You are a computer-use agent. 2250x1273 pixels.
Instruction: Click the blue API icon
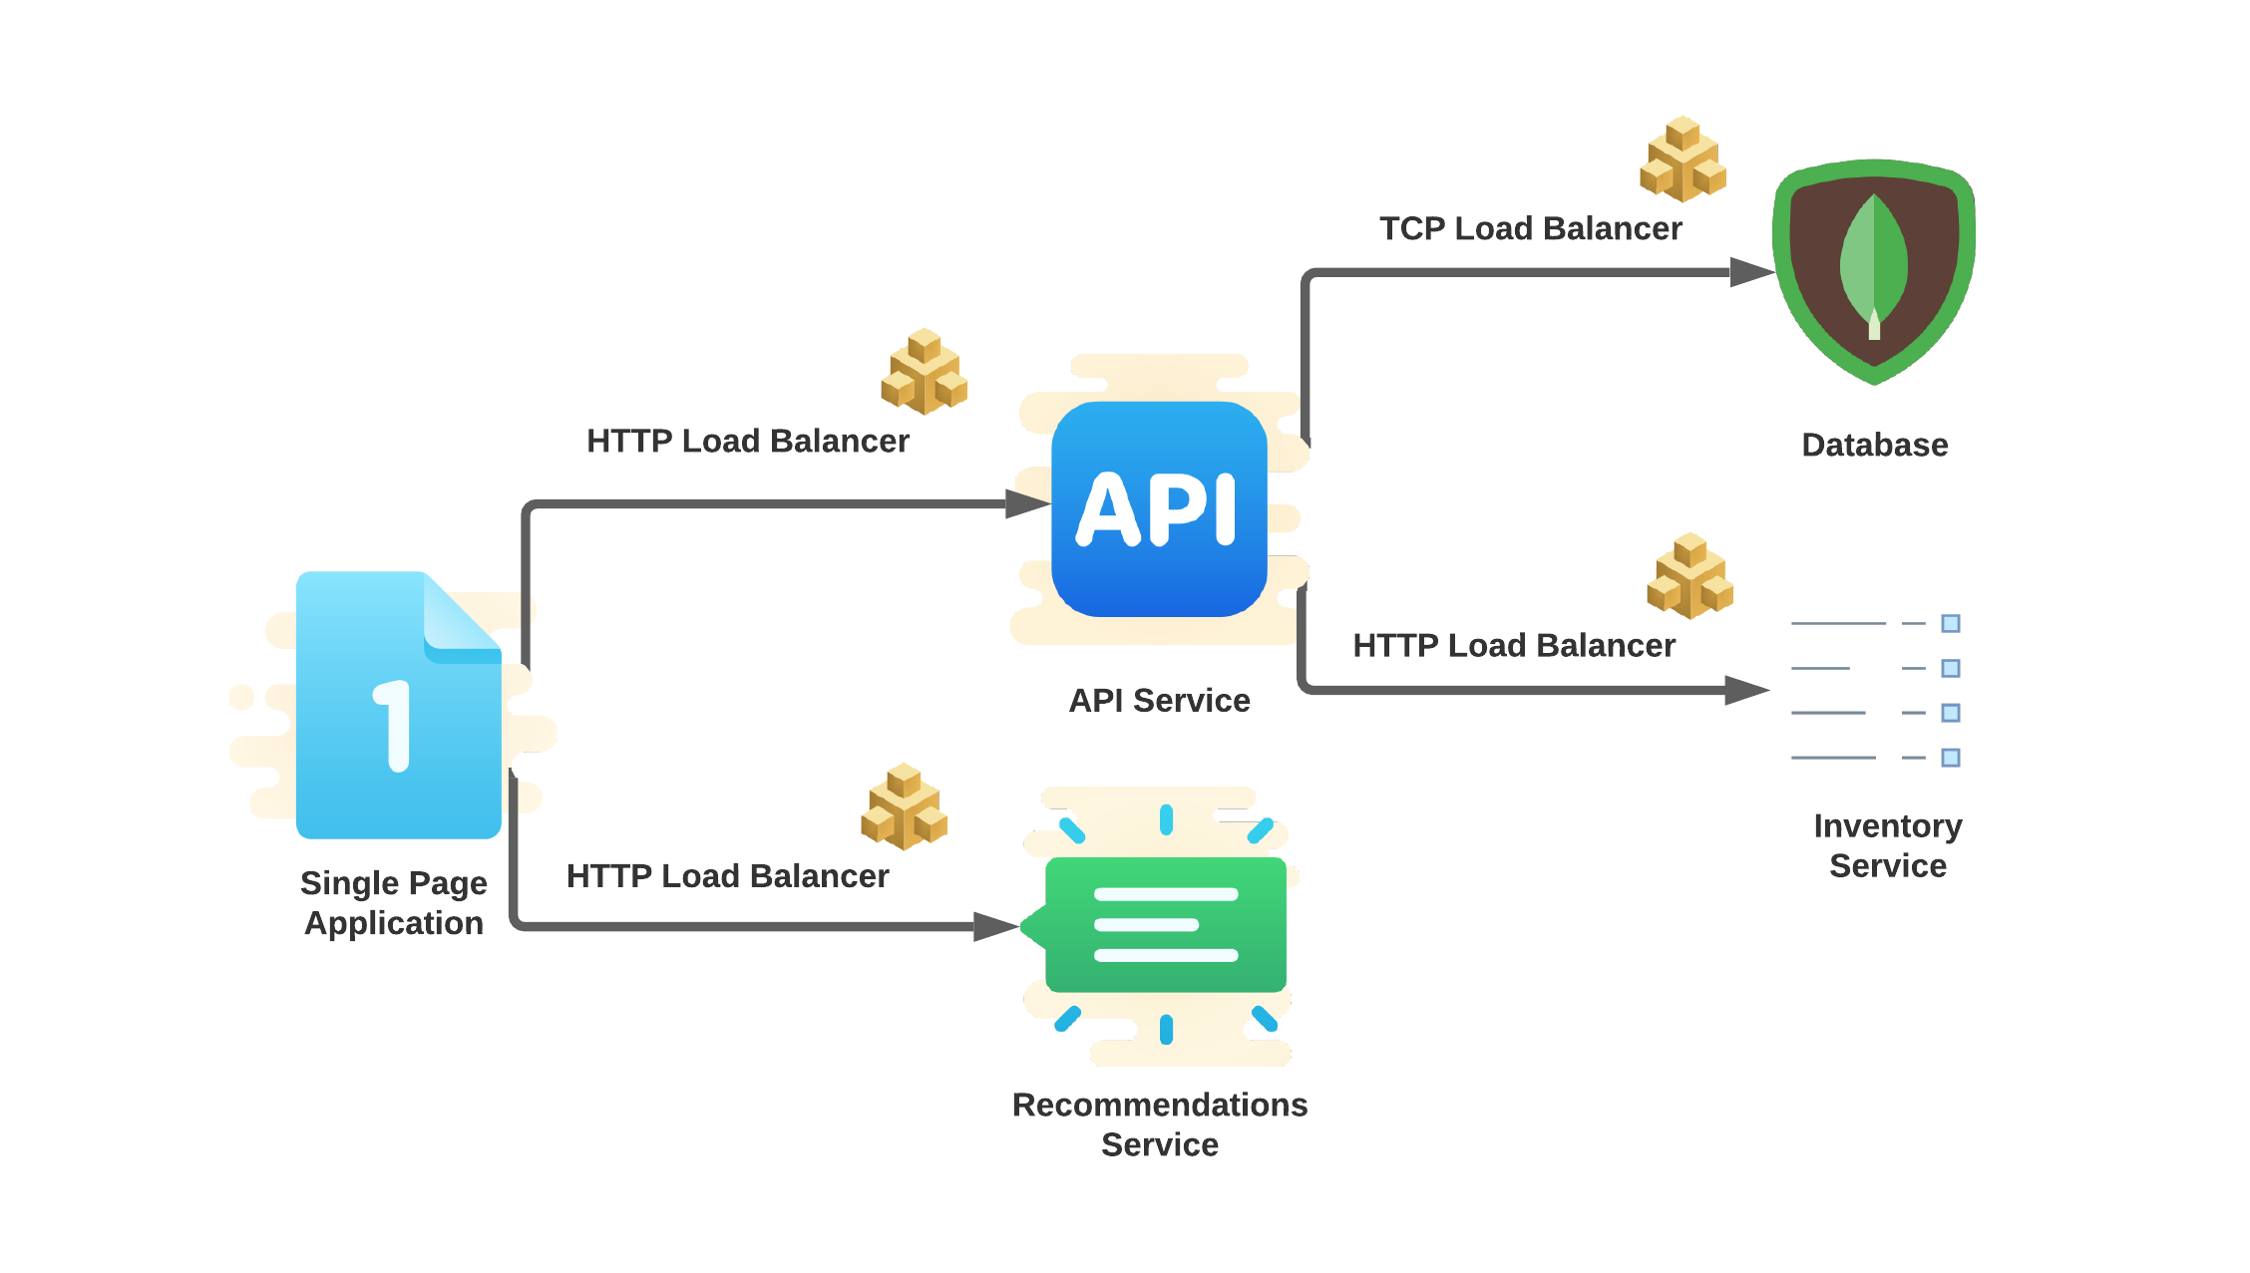[1159, 509]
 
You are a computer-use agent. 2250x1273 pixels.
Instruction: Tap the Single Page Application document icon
[398, 705]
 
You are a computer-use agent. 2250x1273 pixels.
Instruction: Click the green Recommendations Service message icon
[1164, 925]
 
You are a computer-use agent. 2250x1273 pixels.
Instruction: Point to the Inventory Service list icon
[1875, 690]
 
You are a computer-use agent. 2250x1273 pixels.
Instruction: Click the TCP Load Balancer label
[1530, 229]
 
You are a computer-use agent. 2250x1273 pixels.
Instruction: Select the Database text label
[1874, 445]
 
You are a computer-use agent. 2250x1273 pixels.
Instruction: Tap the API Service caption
[1159, 701]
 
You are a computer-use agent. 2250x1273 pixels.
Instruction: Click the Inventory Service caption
[1887, 845]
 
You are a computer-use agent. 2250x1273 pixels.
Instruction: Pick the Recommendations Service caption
[1159, 1124]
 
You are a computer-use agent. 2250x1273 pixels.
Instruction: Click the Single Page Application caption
[394, 903]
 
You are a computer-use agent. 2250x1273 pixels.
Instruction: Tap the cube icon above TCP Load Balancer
[1683, 159]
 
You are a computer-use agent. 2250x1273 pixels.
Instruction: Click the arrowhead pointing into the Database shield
[1751, 272]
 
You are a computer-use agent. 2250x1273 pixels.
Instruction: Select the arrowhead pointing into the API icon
[1027, 504]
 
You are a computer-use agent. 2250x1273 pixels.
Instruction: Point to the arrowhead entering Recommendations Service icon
[995, 926]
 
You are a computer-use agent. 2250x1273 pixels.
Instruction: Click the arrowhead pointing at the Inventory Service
[1746, 690]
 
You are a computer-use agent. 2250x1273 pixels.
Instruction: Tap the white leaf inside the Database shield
[1874, 265]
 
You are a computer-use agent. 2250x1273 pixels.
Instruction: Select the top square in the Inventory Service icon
[1951, 624]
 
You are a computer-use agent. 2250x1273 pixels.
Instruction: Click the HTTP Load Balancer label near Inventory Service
[1513, 646]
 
